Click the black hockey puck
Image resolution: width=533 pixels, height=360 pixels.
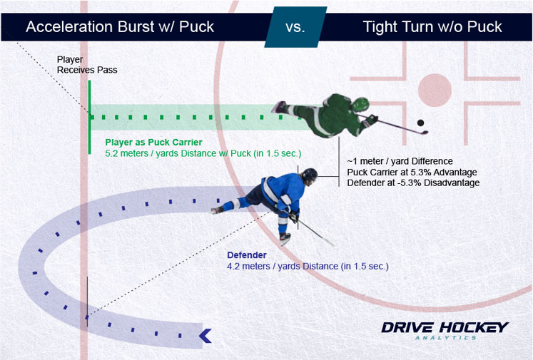point(420,123)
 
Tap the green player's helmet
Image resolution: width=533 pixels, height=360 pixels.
point(360,104)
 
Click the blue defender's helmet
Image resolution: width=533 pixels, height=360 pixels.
point(310,175)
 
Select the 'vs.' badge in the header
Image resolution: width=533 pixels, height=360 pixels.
point(295,27)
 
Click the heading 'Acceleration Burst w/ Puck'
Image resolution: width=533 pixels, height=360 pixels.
point(120,27)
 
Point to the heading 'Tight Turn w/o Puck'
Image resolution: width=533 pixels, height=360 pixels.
point(432,27)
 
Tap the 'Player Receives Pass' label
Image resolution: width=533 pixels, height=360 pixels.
point(87,65)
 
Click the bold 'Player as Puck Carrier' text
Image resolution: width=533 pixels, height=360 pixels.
point(153,143)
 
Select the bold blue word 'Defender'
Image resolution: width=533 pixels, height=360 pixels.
point(247,255)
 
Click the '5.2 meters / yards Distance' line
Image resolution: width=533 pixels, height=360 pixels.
point(203,153)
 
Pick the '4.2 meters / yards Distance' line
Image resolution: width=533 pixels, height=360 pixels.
point(308,267)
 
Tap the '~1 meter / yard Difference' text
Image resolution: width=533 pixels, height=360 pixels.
point(400,161)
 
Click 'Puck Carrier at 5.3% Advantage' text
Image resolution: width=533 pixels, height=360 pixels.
point(412,173)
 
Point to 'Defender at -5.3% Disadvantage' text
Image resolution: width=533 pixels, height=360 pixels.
point(413,182)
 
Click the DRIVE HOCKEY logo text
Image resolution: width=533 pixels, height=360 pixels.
point(445,328)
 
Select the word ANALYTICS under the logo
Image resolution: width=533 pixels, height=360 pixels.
point(446,338)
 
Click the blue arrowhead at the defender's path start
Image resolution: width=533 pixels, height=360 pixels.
point(205,336)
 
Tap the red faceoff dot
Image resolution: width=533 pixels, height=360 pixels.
point(435,91)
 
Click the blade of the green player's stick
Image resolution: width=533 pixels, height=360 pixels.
point(424,133)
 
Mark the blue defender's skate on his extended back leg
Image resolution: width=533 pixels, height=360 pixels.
point(217,210)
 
